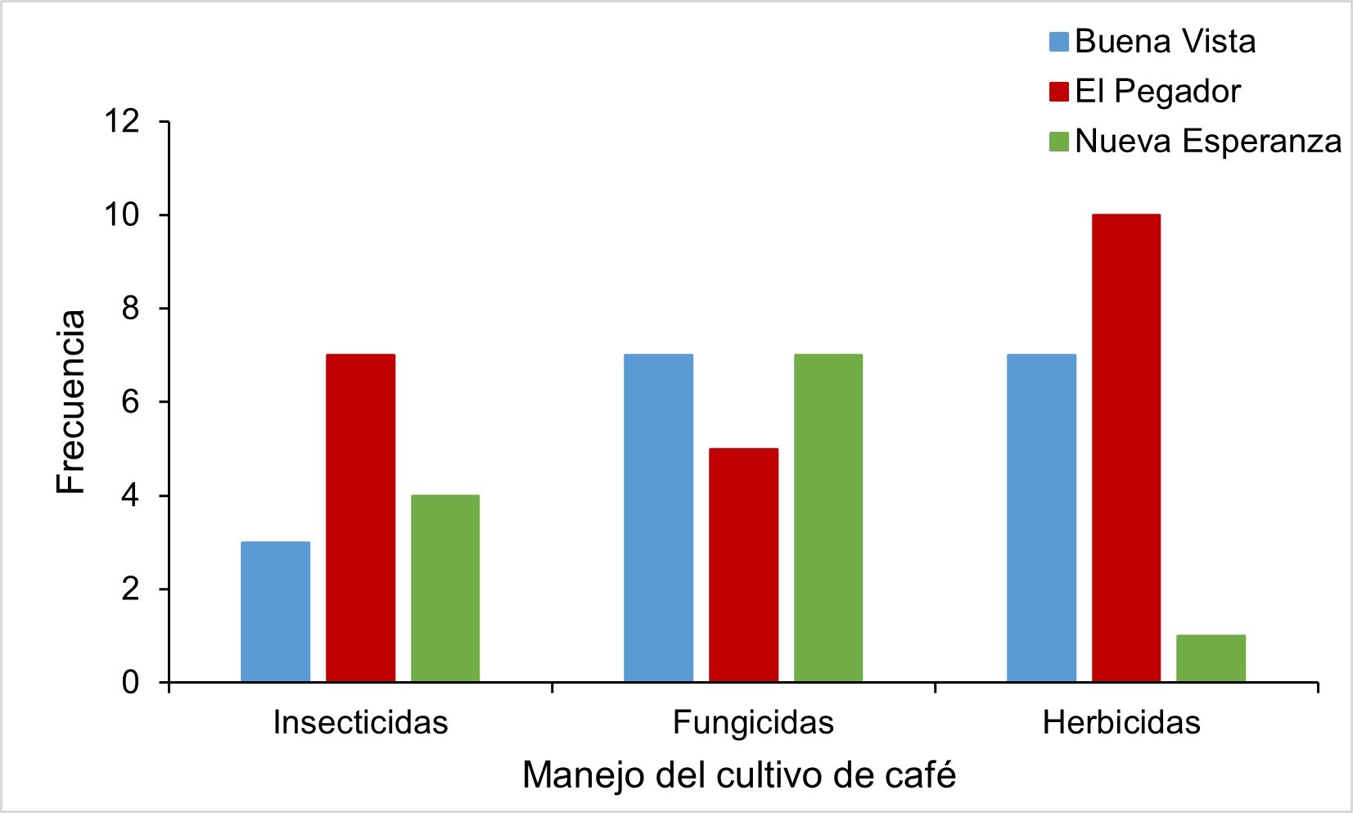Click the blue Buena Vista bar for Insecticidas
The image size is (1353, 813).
(276, 612)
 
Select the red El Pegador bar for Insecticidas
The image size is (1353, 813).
(360, 518)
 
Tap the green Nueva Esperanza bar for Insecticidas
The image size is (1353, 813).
(445, 588)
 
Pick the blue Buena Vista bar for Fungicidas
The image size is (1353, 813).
(658, 518)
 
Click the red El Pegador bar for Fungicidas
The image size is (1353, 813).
(743, 565)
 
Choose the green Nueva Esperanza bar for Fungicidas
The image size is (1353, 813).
(828, 518)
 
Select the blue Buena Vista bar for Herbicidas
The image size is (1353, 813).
(1041, 518)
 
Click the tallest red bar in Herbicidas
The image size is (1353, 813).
(1125, 448)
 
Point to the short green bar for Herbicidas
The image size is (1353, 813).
(1211, 658)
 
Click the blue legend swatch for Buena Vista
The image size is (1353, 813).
(1059, 42)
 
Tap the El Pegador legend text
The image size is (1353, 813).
(1157, 91)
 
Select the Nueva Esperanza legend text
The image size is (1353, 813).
(1208, 142)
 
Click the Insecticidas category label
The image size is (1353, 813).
(360, 723)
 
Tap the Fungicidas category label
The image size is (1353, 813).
(753, 723)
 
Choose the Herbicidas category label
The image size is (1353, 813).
(1121, 723)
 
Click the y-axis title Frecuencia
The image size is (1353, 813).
(72, 401)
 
